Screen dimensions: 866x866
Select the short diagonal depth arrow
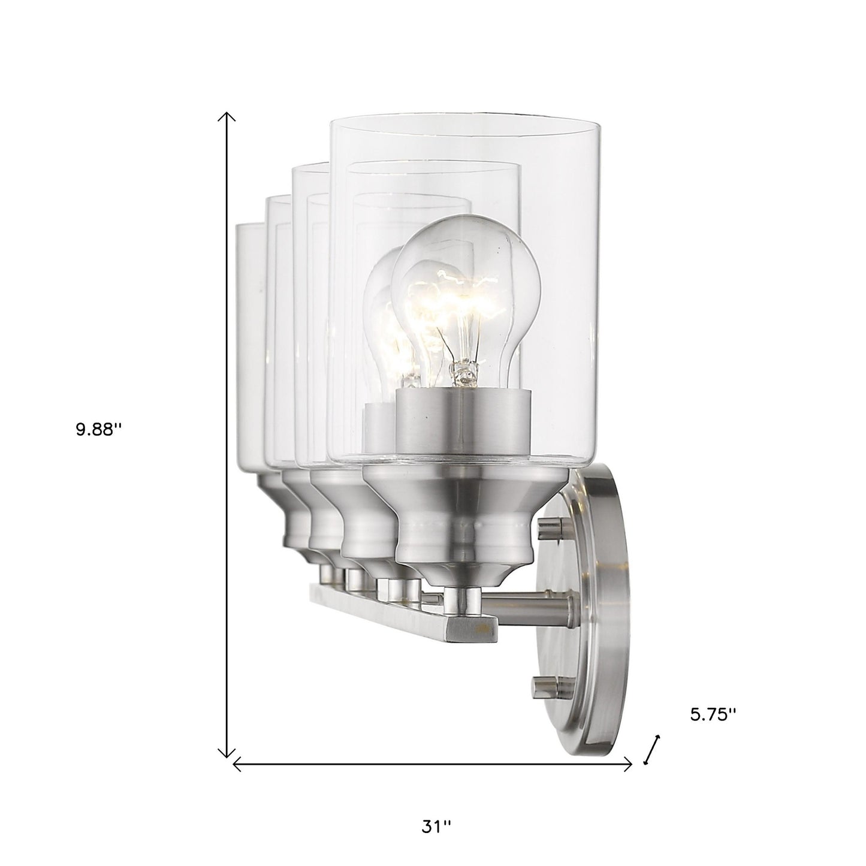[x=652, y=749]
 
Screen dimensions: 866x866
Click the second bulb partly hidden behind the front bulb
[x=384, y=324]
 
